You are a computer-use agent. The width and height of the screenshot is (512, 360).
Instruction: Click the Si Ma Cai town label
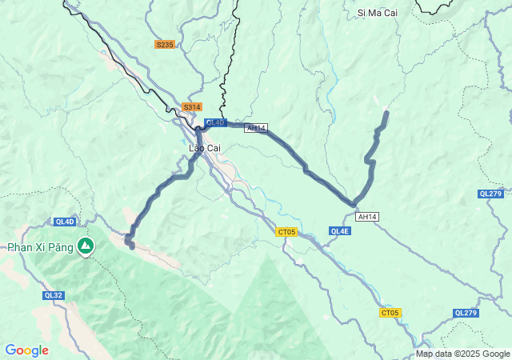[x=378, y=13]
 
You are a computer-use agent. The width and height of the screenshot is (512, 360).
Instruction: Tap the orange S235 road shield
[x=164, y=45]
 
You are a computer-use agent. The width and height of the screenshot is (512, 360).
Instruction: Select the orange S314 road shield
[x=192, y=106]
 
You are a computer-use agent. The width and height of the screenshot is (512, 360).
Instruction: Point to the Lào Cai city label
[x=204, y=148]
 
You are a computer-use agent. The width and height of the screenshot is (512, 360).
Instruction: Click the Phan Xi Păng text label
[x=40, y=247]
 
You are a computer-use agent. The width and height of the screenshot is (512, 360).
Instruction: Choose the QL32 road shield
[x=53, y=295]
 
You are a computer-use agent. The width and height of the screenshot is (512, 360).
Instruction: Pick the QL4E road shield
[x=339, y=231]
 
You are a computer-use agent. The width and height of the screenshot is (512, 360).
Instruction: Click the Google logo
[x=26, y=350]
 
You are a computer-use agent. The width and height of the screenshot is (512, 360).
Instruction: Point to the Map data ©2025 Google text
[x=462, y=354]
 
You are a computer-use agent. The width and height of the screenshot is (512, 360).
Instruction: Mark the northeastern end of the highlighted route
[x=386, y=113]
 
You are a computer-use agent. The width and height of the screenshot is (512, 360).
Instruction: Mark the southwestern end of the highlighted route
[x=131, y=246]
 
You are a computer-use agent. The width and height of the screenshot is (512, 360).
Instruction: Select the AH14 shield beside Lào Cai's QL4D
[x=256, y=128]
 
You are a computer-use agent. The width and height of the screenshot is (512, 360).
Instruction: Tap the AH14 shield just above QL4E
[x=367, y=217]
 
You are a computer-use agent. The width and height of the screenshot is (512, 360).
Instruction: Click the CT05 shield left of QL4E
[x=286, y=232]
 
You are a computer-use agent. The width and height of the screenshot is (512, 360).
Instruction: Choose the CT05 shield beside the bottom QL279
[x=390, y=313]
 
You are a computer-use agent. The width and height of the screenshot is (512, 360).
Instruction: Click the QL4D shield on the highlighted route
[x=215, y=122]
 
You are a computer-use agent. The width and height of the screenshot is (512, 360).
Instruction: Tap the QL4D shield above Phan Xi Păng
[x=65, y=222]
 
